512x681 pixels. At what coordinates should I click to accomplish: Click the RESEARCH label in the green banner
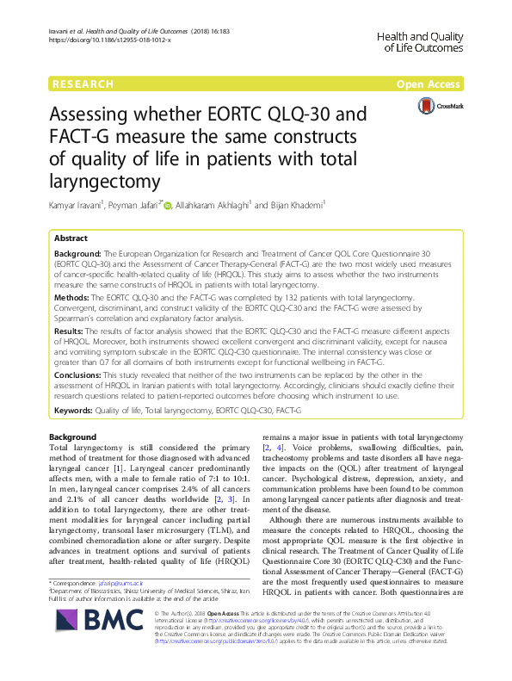(83, 84)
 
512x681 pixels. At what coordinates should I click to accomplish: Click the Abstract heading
(71, 238)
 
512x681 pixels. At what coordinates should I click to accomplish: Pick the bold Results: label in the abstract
(71, 329)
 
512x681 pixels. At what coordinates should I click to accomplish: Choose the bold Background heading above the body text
(72, 437)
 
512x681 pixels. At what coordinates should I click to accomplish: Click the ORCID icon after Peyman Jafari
(168, 205)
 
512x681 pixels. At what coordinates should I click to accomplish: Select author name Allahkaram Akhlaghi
(210, 205)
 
